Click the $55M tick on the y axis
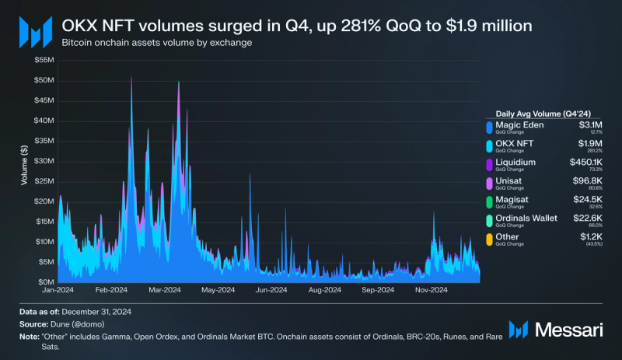pyautogui.click(x=44, y=60)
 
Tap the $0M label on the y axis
pyautogui.click(x=46, y=281)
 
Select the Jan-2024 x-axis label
pyautogui.click(x=58, y=290)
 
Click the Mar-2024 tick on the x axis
pyautogui.click(x=164, y=290)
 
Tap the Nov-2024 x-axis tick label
pyautogui.click(x=430, y=290)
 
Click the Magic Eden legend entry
pyautogui.click(x=519, y=124)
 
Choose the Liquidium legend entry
pyautogui.click(x=518, y=162)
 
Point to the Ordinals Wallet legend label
pyautogui.click(x=527, y=218)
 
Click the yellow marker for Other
pyautogui.click(x=488, y=239)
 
